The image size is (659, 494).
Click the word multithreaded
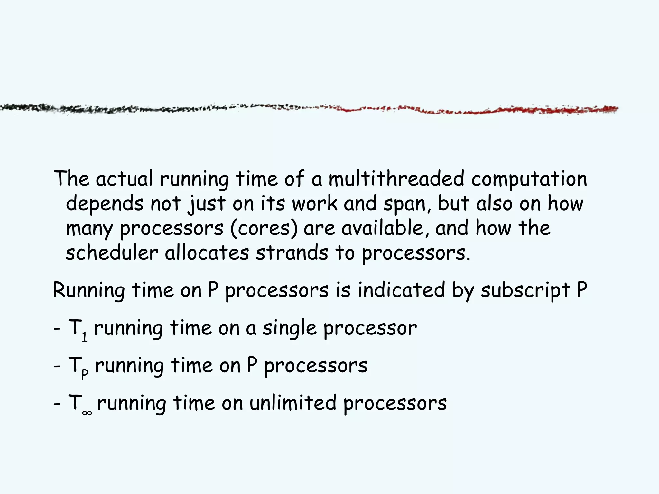396,179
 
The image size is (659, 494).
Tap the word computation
529,179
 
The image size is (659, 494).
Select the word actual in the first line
124,179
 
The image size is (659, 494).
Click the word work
315,204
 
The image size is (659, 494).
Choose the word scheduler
112,253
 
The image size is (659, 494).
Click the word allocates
207,253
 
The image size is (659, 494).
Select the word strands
292,253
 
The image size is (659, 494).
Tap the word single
289,329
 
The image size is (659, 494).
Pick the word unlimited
293,403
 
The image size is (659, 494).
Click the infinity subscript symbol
87,413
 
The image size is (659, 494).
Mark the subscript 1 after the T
84,337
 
